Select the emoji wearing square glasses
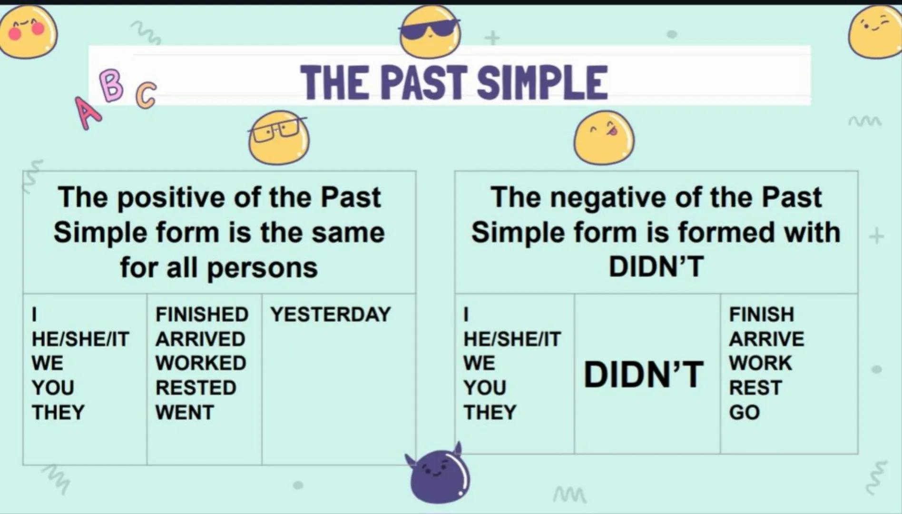point(278,137)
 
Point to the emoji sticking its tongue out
point(603,137)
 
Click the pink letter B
point(112,85)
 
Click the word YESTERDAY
point(331,315)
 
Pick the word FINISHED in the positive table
point(202,315)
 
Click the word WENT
point(185,412)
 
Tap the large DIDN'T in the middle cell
point(644,375)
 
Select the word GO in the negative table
point(744,412)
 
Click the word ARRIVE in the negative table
point(766,339)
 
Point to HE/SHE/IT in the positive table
point(80,339)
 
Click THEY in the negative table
point(490,412)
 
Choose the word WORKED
point(201,363)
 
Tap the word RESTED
point(196,388)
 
